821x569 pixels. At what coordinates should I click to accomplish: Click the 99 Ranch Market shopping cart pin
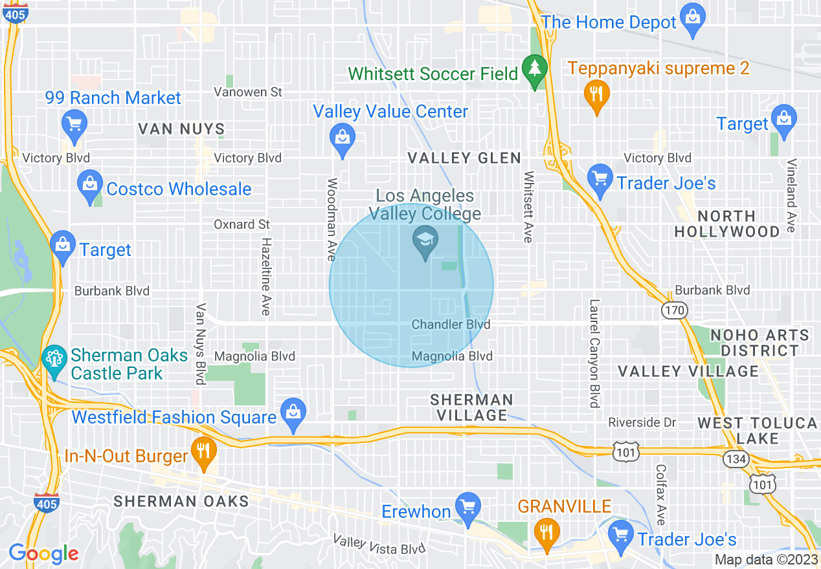click(74, 123)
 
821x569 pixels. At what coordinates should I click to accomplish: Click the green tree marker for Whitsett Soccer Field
click(535, 70)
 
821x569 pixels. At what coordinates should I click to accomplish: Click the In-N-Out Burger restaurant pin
click(205, 452)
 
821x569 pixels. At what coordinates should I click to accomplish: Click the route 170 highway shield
click(673, 311)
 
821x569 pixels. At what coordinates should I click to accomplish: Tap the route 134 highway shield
click(737, 458)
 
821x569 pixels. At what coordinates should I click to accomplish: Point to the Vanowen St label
click(249, 92)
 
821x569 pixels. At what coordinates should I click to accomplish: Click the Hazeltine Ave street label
click(265, 276)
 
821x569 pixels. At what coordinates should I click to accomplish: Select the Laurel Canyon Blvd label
click(594, 353)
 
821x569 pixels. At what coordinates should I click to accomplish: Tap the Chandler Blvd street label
click(451, 324)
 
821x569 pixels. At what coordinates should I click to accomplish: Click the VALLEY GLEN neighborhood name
click(464, 158)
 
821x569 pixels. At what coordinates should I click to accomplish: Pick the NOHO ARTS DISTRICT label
click(760, 343)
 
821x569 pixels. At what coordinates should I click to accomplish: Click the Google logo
click(43, 553)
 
